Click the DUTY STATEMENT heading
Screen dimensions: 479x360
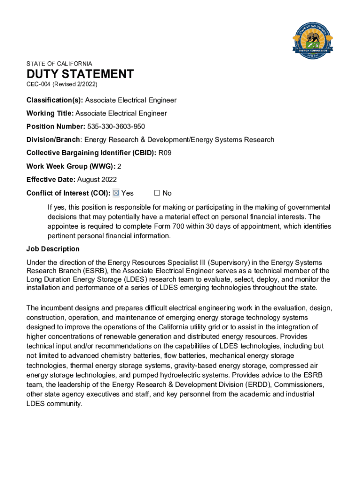(x=80, y=74)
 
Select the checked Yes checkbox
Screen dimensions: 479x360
(x=116, y=193)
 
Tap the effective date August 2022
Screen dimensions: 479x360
(x=97, y=179)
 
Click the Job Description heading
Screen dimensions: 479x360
(x=53, y=249)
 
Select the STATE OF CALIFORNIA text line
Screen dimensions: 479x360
(x=59, y=64)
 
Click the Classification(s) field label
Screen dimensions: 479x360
(x=54, y=100)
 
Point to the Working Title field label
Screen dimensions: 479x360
(x=50, y=113)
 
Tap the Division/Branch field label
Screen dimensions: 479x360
(x=53, y=139)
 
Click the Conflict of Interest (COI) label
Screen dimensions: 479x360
(x=68, y=193)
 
